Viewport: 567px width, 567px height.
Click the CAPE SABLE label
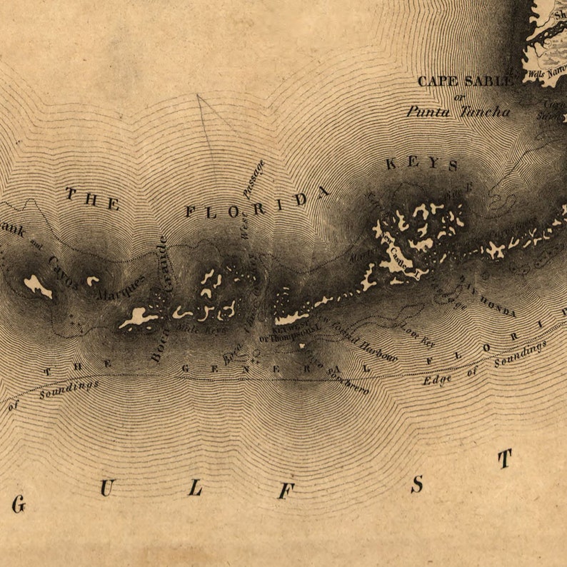pyautogui.click(x=465, y=81)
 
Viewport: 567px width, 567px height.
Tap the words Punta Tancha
pyautogui.click(x=458, y=111)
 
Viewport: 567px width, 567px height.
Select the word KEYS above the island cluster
pyautogui.click(x=422, y=164)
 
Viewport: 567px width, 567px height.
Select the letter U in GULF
pyautogui.click(x=106, y=488)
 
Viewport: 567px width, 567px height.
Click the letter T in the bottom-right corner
pyautogui.click(x=505, y=458)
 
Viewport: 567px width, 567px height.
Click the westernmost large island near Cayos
pyautogui.click(x=37, y=286)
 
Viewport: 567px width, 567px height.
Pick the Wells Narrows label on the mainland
pyautogui.click(x=545, y=72)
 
